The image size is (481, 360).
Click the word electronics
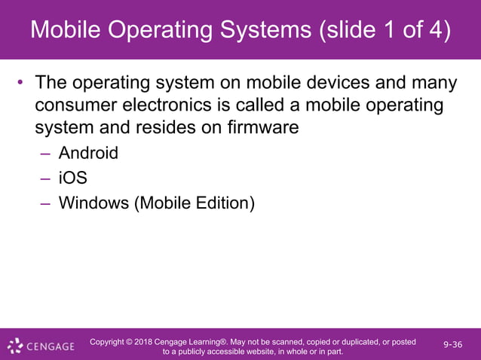[x=181, y=104]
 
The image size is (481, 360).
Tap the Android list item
[x=88, y=153]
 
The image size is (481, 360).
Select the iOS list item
[x=72, y=178]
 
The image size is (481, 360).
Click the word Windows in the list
[x=93, y=203]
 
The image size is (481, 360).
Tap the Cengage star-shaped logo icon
[x=15, y=346]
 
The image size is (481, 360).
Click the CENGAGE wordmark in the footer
[x=51, y=346]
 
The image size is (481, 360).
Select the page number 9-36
[x=453, y=345]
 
